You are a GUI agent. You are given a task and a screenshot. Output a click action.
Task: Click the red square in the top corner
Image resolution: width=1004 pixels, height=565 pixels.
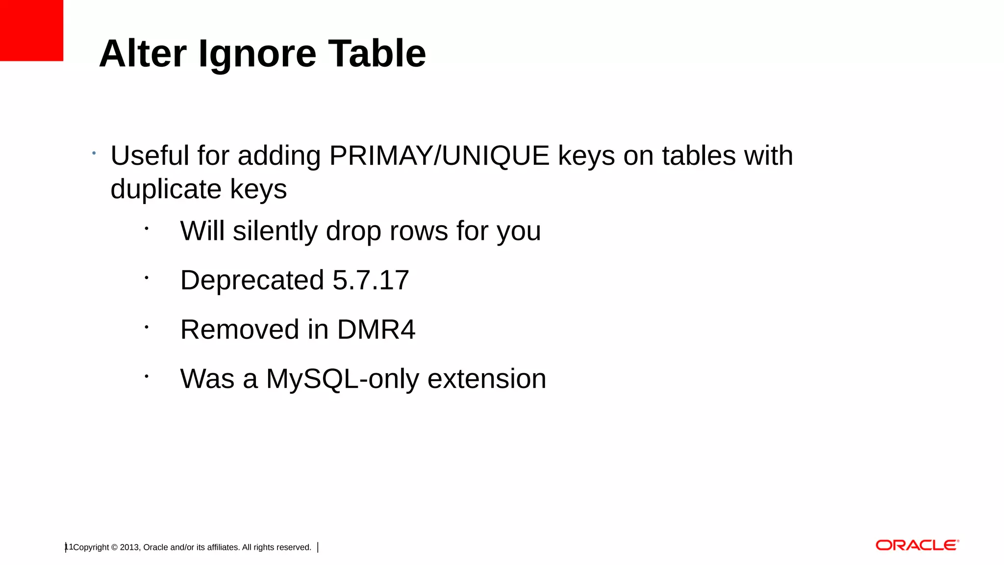click(31, 30)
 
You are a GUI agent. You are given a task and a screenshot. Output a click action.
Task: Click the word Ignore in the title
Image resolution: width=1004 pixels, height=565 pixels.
click(257, 54)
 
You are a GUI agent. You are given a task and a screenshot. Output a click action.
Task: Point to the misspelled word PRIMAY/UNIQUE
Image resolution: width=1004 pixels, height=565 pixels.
click(439, 156)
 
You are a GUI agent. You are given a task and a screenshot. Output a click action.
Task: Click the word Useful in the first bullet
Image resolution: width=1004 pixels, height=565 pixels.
click(150, 156)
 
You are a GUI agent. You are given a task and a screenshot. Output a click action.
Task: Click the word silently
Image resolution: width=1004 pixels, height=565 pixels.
click(275, 231)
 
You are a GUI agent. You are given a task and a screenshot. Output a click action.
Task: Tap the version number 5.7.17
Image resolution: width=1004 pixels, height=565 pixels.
click(371, 281)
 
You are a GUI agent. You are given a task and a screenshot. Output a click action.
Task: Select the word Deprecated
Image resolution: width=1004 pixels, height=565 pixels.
click(252, 281)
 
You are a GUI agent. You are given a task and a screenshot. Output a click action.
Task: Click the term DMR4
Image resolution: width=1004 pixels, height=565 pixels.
click(376, 330)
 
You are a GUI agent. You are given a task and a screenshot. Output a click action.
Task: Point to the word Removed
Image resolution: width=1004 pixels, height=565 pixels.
click(240, 330)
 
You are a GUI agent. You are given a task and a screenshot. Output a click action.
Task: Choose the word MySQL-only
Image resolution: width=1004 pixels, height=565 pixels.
click(343, 379)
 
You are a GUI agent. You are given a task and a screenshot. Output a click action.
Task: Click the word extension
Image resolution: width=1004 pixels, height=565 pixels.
click(487, 379)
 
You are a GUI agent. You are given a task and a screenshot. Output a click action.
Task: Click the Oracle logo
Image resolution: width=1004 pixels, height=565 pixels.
click(917, 545)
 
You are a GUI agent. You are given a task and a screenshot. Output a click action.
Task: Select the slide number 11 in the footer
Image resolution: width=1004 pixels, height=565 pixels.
click(69, 547)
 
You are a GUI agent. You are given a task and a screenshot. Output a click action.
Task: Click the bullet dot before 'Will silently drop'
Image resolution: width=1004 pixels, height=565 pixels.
click(146, 228)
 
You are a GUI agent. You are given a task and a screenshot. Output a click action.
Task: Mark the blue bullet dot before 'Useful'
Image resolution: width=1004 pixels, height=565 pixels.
click(94, 154)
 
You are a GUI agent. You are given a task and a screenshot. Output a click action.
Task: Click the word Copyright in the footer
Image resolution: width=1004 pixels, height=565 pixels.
click(91, 547)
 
